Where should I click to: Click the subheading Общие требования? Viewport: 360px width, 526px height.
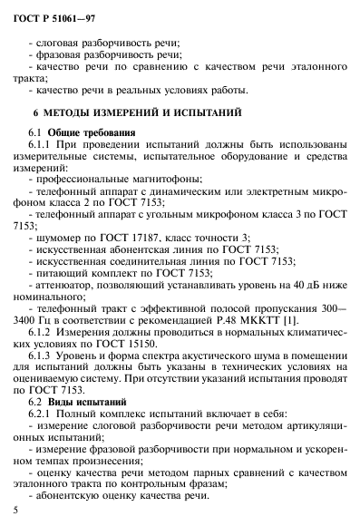pyautogui.click(x=101, y=132)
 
